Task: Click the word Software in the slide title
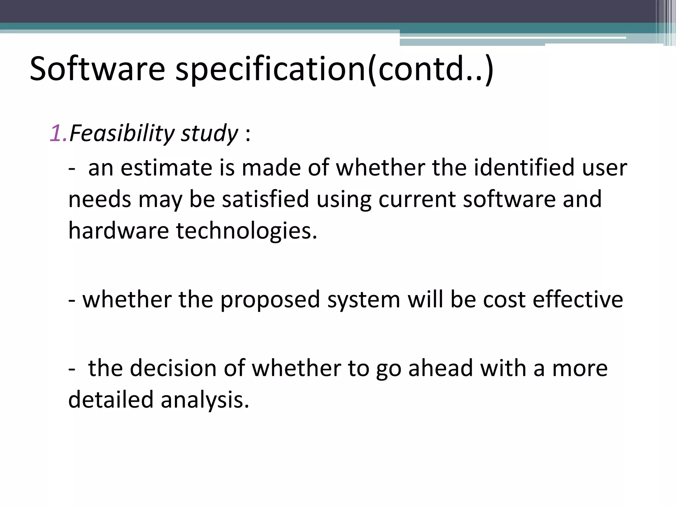[x=97, y=69]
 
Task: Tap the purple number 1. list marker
[x=59, y=133]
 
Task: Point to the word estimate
[x=166, y=168]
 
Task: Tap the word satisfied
[x=265, y=199]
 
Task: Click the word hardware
[x=118, y=231]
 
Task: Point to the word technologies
[x=246, y=231]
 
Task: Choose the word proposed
[x=270, y=300]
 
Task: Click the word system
[x=364, y=300]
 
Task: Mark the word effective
[x=578, y=300]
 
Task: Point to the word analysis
[x=205, y=400]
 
